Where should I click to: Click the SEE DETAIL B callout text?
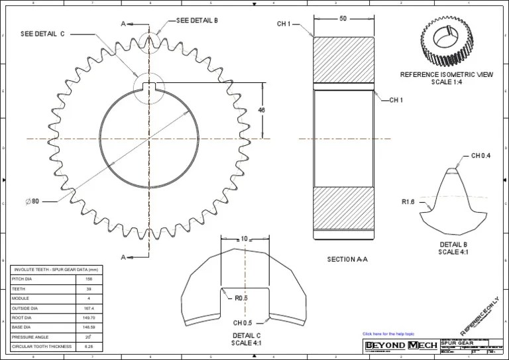pos(197,21)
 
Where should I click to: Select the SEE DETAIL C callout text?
pos(42,33)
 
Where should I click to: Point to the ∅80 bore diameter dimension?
pos(32,201)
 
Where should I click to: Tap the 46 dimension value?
pos(261,110)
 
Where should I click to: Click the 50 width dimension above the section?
pos(343,19)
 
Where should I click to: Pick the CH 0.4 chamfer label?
pos(481,156)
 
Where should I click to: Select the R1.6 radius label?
pos(408,202)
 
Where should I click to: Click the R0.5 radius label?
pos(241,298)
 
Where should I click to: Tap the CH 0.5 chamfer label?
pos(242,323)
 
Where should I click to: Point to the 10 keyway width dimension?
pos(244,239)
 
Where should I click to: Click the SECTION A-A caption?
pos(347,259)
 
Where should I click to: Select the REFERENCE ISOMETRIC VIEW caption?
pos(446,75)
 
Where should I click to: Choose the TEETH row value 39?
pos(89,289)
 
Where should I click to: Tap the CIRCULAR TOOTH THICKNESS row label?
pos(40,346)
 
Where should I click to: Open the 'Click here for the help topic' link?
pos(388,333)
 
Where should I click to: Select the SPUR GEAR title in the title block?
pos(455,343)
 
